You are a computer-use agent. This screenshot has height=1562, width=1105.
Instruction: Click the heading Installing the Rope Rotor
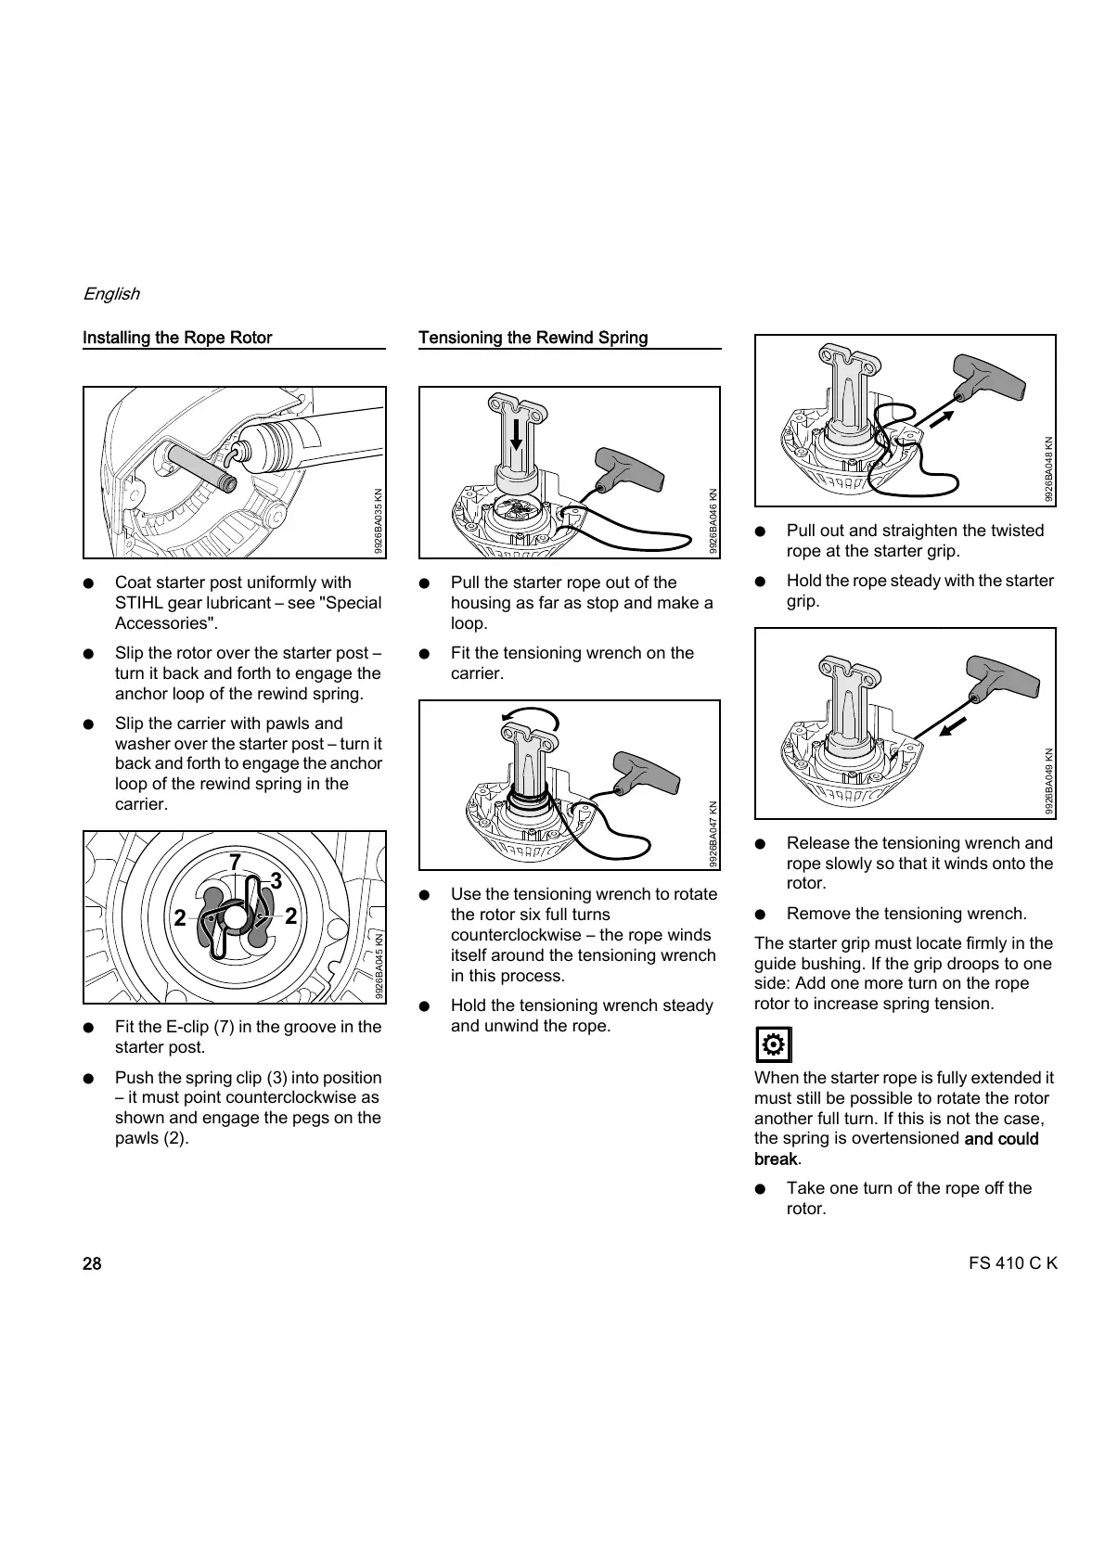click(177, 338)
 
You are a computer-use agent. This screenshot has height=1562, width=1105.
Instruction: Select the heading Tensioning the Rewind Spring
click(533, 338)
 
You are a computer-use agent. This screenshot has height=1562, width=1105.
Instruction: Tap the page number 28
click(92, 1263)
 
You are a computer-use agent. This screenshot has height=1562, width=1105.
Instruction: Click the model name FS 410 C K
click(1011, 1263)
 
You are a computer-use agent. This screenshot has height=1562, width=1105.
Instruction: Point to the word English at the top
click(111, 294)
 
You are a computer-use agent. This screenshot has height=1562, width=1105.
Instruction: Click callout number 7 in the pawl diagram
click(236, 863)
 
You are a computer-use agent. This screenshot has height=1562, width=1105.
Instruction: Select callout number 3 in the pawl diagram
click(276, 879)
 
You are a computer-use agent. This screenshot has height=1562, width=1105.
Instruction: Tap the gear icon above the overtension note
click(773, 1045)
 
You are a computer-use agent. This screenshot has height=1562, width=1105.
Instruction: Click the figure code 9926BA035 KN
click(379, 520)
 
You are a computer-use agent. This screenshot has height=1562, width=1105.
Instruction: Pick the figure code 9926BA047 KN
click(713, 834)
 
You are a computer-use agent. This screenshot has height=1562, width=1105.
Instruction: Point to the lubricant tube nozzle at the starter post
click(238, 452)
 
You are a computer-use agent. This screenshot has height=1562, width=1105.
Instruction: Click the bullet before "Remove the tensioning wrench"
click(760, 914)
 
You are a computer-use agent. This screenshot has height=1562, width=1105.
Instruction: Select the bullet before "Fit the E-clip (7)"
click(88, 1028)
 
